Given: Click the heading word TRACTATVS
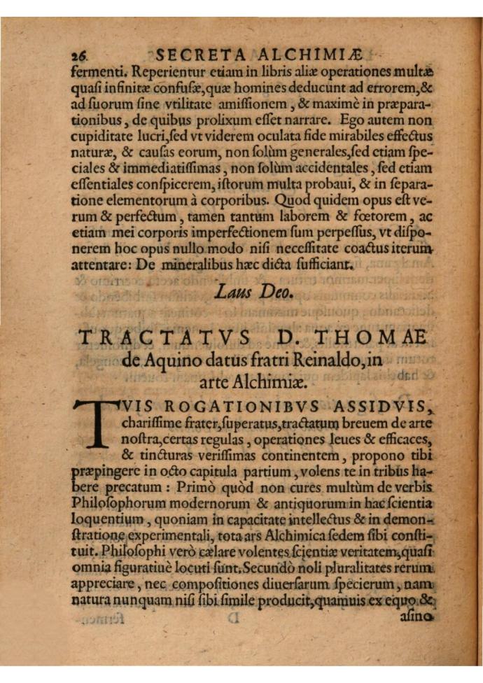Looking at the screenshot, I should (164, 338).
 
